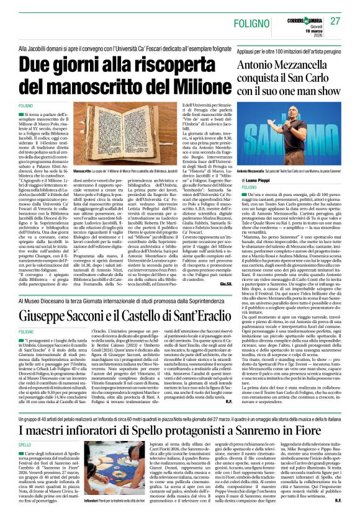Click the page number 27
336,21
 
